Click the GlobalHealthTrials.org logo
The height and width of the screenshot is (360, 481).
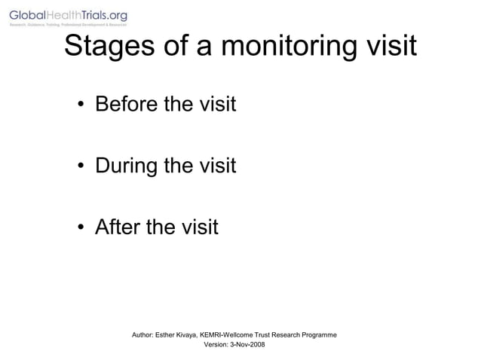(x=69, y=16)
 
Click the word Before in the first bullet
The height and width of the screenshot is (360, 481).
(x=127, y=104)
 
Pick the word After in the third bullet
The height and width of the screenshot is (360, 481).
(x=118, y=226)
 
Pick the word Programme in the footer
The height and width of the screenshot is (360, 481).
(x=318, y=334)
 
